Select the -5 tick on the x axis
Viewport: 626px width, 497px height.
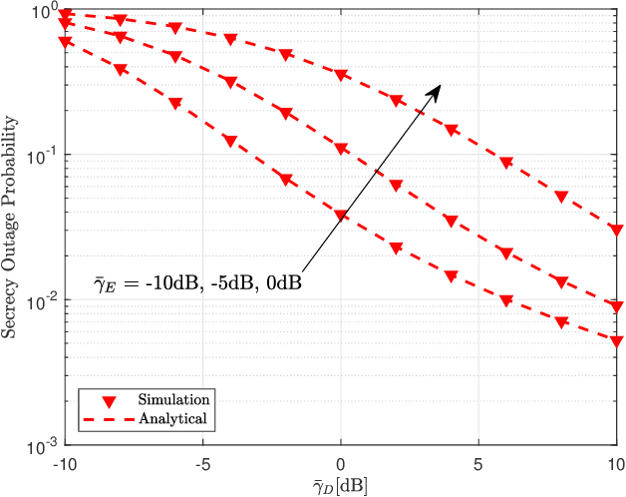point(202,464)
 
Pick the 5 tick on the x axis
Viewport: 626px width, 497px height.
point(478,464)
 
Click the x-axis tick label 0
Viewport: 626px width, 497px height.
point(341,464)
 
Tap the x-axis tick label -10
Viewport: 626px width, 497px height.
point(64,464)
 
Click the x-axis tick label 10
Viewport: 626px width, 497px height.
point(616,464)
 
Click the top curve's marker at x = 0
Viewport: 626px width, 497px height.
point(341,76)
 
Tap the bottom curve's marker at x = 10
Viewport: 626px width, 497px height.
point(616,341)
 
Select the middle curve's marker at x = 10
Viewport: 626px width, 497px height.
point(616,307)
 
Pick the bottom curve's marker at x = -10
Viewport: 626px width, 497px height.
point(65,43)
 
